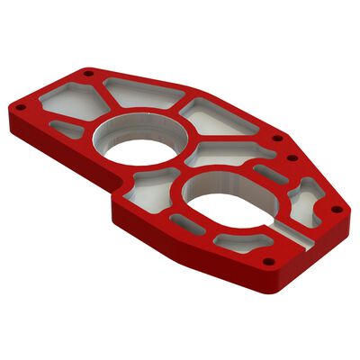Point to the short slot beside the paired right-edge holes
click(x=270, y=173)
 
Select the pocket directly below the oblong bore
click(x=239, y=242)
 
